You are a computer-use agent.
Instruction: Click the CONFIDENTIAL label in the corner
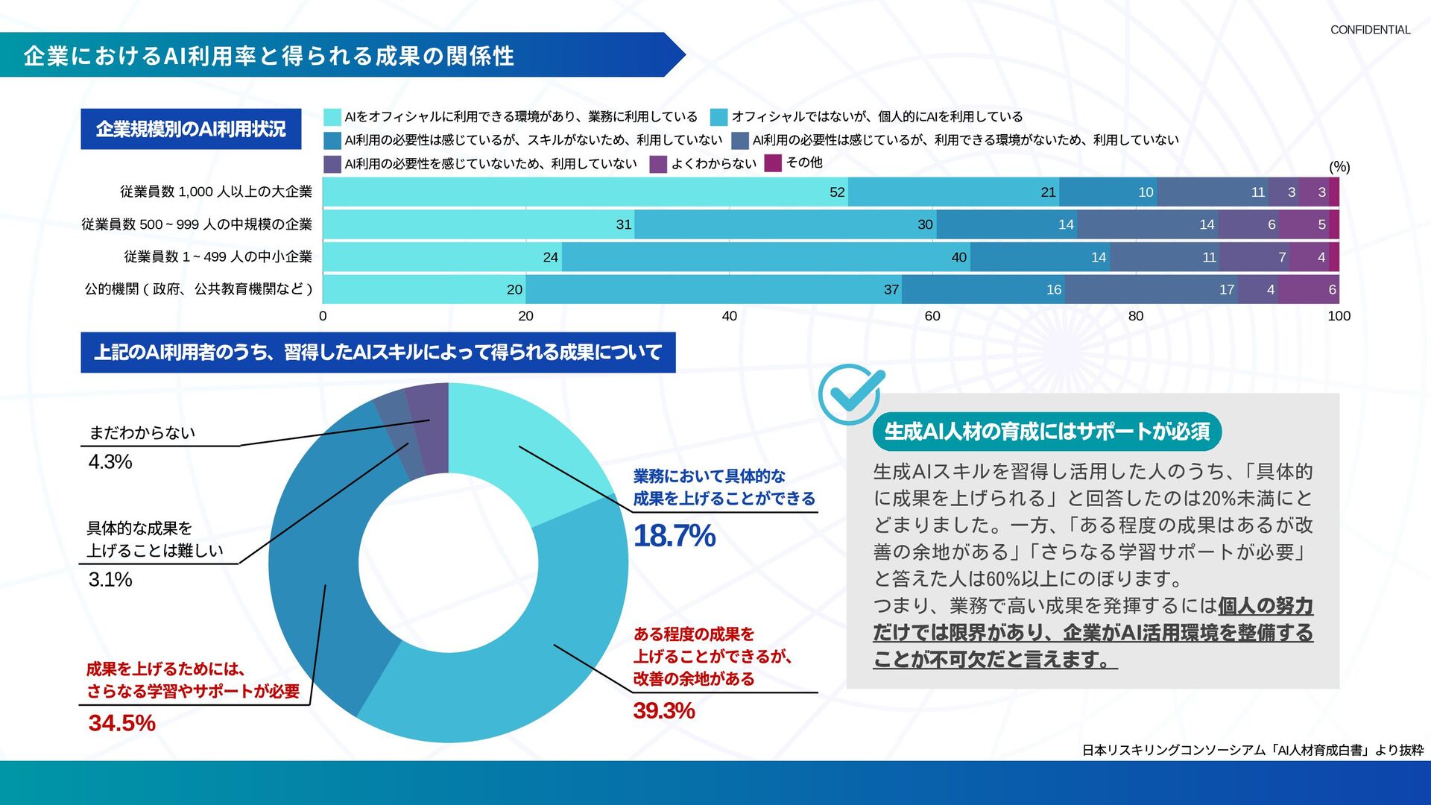point(1370,30)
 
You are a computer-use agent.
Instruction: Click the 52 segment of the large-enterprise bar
point(585,192)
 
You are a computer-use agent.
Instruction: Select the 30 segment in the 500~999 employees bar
point(785,224)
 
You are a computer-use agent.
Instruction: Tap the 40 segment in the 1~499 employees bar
point(765,257)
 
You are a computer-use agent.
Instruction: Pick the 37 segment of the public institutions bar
point(713,289)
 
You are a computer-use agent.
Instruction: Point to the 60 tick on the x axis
point(932,316)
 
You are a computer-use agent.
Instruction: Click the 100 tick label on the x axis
point(1339,316)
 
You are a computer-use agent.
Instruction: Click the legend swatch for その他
point(773,162)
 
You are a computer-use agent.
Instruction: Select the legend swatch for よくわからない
point(657,164)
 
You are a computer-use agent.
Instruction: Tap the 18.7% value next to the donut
point(674,536)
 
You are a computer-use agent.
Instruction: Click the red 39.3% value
point(663,710)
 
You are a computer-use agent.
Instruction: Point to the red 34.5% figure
point(121,722)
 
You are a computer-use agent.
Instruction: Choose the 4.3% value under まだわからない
point(110,462)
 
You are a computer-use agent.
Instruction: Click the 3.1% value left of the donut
point(110,579)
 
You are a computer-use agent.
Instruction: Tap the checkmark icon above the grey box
point(850,394)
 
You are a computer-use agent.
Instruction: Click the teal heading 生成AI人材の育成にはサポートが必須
point(1046,432)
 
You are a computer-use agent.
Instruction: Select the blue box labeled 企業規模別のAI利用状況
point(191,129)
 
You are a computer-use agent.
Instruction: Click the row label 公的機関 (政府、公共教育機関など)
point(198,289)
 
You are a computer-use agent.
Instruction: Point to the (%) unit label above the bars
point(1339,167)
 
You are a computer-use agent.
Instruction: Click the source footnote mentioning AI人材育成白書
point(1252,750)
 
